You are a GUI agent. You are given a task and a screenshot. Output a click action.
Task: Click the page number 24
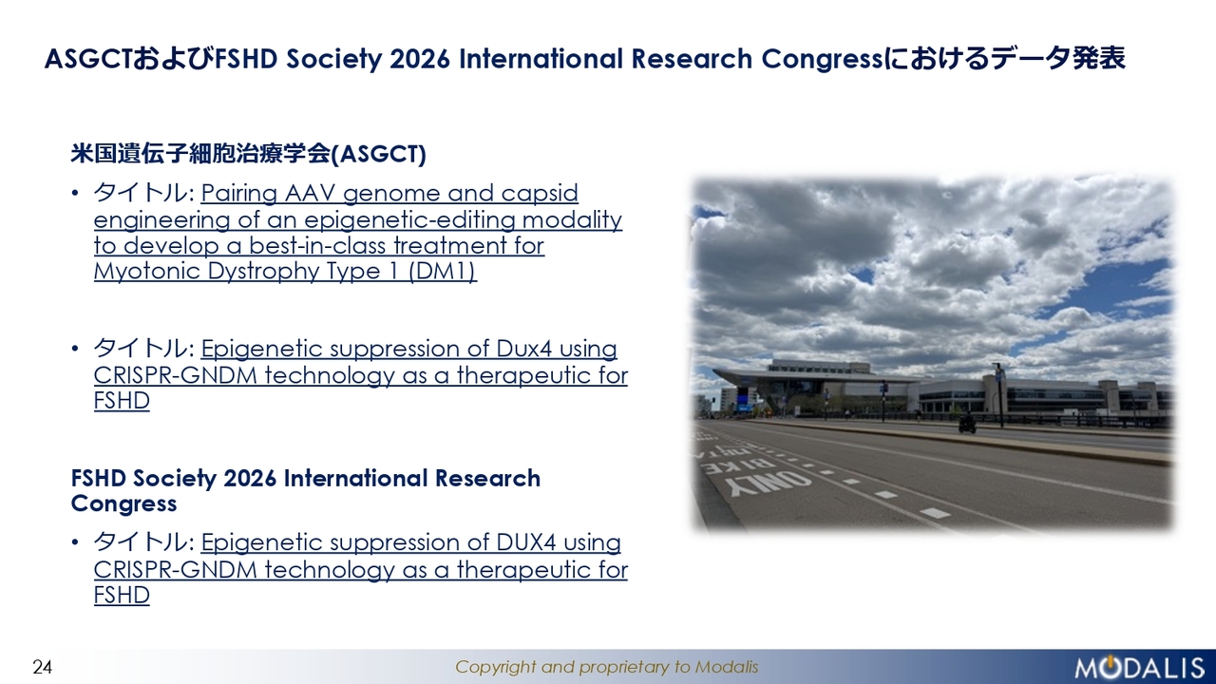tap(43, 667)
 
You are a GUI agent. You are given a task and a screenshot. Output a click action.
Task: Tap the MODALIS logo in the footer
tap(1139, 667)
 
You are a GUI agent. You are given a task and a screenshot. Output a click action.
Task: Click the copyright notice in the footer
tap(606, 667)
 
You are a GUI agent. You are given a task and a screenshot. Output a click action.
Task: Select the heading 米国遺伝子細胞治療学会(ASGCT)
tap(248, 154)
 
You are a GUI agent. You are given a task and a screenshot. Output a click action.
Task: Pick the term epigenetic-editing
tap(409, 220)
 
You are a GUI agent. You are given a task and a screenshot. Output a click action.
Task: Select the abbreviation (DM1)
tap(442, 272)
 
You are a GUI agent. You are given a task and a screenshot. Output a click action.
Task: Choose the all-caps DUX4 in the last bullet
tap(526, 542)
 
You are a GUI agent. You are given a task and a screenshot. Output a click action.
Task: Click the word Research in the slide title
tap(692, 59)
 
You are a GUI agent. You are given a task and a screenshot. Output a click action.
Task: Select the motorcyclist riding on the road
tap(967, 424)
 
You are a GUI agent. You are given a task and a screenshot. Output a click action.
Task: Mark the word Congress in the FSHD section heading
tap(123, 503)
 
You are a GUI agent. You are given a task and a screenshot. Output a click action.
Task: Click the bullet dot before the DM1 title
tap(75, 194)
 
